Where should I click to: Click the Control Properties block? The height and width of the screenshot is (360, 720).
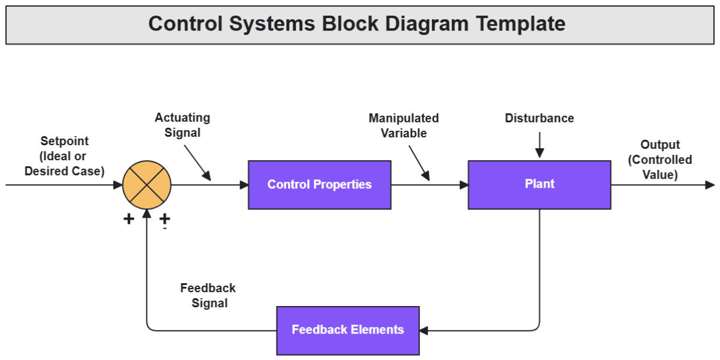point(319,185)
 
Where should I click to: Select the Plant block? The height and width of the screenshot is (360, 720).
point(539,185)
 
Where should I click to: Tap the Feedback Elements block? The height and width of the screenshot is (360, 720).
point(347,330)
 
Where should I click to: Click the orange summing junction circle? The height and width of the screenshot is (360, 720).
point(147,185)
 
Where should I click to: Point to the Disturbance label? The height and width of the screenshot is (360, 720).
point(539,118)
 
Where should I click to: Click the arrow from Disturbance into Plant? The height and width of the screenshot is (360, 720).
point(539,145)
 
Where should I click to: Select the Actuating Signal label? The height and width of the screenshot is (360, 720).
point(182,125)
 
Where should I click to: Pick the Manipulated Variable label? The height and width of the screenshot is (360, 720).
point(404,125)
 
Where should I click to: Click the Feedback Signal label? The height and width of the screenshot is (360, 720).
point(208,295)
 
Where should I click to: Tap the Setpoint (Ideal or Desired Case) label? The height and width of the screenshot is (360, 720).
point(64,156)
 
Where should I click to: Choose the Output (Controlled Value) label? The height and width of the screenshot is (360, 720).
point(660,160)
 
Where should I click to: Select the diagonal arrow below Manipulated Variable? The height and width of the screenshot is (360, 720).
point(419,163)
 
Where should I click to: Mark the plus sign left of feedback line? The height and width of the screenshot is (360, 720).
point(128,219)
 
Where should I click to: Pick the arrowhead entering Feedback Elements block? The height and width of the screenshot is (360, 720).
point(424,330)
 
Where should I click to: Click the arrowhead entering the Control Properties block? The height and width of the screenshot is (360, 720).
point(244,185)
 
